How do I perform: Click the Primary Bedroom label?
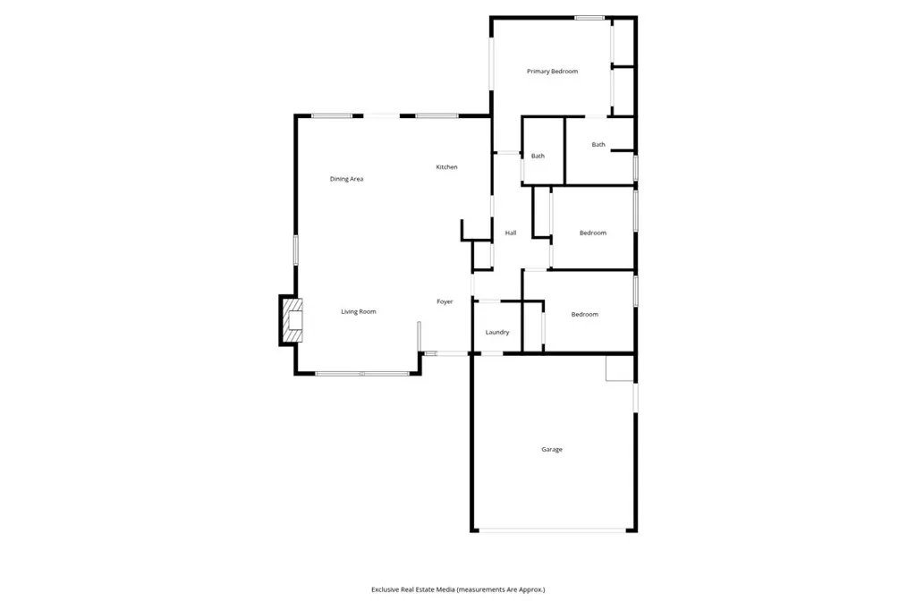tap(552, 72)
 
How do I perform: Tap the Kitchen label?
tap(446, 167)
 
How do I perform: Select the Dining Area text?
tap(346, 179)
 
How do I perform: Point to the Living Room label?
tap(358, 311)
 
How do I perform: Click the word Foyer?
tap(445, 301)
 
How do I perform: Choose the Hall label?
tap(511, 233)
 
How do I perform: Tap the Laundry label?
tap(497, 333)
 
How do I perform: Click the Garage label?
tap(552, 449)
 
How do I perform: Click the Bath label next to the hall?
tap(538, 157)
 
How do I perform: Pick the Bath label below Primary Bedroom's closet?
tap(598, 145)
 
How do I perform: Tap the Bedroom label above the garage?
tap(585, 314)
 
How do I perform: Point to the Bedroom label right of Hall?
tap(593, 233)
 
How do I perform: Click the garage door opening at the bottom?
tap(552, 530)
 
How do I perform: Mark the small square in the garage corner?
tap(619, 368)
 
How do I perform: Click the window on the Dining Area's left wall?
tap(296, 249)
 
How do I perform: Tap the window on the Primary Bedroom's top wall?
tap(589, 17)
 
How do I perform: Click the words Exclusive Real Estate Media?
tap(412, 589)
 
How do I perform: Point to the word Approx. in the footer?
tap(530, 589)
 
